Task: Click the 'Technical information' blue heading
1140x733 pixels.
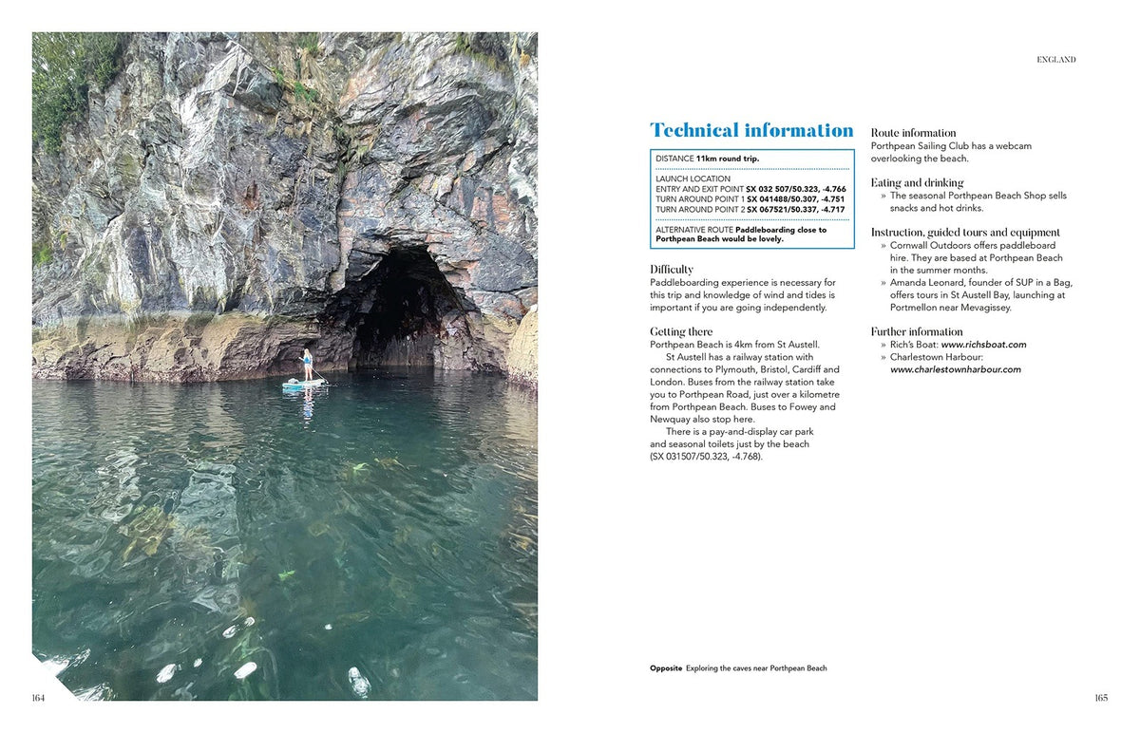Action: pyautogui.click(x=751, y=130)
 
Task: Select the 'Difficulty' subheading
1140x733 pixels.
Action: pyautogui.click(x=672, y=270)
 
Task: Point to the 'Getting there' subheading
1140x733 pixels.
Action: pyautogui.click(x=681, y=331)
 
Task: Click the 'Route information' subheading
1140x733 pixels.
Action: pyautogui.click(x=913, y=133)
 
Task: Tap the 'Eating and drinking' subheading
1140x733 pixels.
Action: pyautogui.click(x=917, y=182)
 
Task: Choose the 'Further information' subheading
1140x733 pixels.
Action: pyautogui.click(x=917, y=331)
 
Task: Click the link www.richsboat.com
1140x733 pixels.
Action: pyautogui.click(x=983, y=345)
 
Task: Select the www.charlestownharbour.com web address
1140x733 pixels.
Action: pyautogui.click(x=955, y=369)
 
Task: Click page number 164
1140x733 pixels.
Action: pyautogui.click(x=38, y=698)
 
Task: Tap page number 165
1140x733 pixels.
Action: pyautogui.click(x=1100, y=698)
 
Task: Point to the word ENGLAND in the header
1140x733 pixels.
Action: pyautogui.click(x=1055, y=60)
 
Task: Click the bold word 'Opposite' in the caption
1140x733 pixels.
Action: pyautogui.click(x=666, y=668)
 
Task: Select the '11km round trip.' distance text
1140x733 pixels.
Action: pyautogui.click(x=728, y=159)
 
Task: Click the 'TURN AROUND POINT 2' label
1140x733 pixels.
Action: pyautogui.click(x=700, y=209)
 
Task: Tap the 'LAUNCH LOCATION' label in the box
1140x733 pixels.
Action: pyautogui.click(x=693, y=179)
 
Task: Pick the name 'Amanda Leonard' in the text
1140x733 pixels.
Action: pyautogui.click(x=922, y=283)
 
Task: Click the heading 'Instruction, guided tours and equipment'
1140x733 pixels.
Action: pyautogui.click(x=965, y=232)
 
